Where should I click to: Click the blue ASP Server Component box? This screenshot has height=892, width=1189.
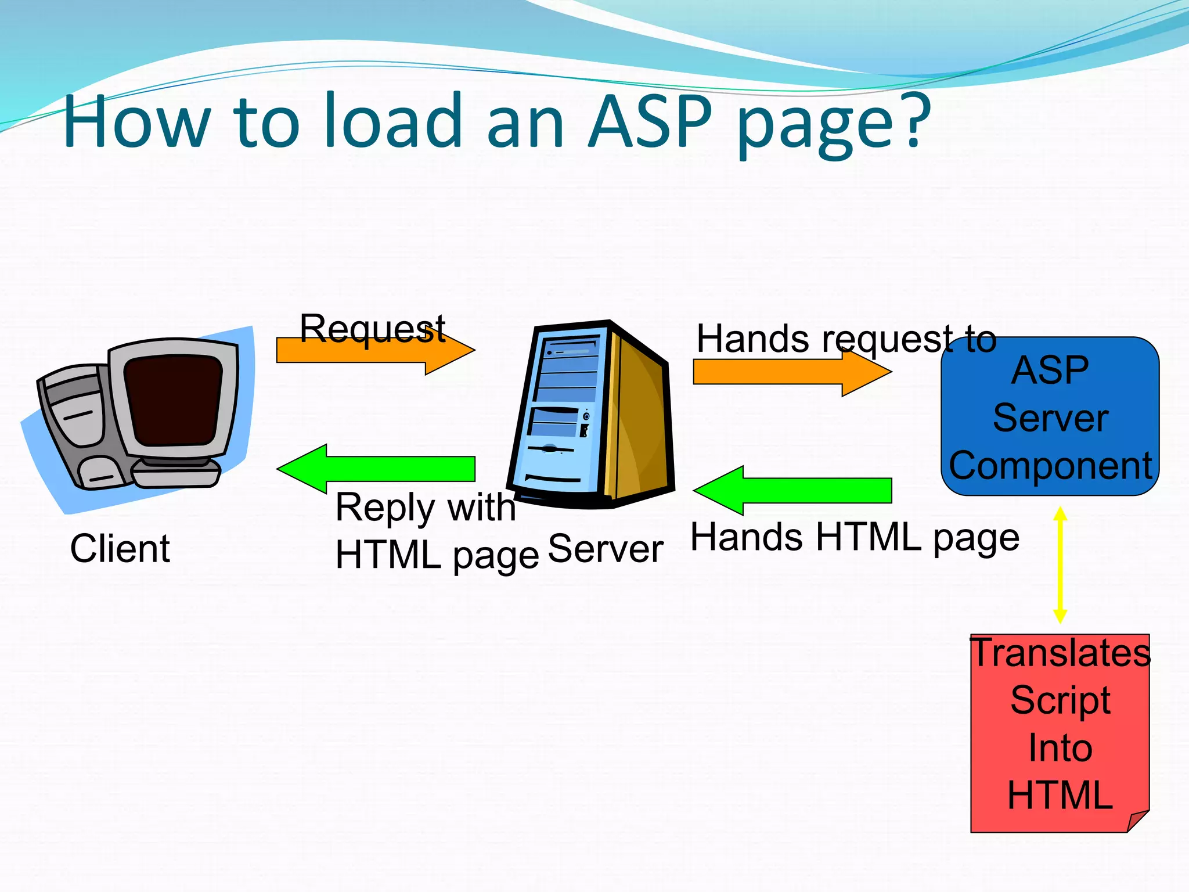click(1050, 416)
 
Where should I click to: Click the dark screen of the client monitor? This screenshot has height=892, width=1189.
click(173, 401)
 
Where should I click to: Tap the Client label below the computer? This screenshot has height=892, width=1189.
click(120, 548)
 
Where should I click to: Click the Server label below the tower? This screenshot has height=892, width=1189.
click(605, 549)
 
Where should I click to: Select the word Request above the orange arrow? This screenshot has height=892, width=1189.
click(372, 328)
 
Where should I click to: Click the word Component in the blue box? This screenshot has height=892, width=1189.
click(1050, 466)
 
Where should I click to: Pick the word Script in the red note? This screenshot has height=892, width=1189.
click(1060, 700)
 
